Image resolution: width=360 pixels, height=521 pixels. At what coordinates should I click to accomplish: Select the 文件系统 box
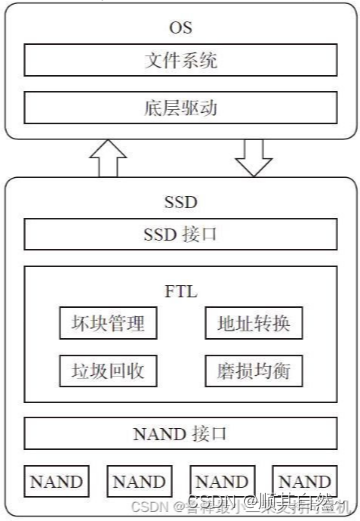181,61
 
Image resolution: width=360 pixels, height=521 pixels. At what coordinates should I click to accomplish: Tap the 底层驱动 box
181,105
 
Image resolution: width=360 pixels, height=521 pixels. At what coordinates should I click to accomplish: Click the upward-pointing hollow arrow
107,158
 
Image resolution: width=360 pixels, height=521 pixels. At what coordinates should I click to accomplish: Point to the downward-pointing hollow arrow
253,158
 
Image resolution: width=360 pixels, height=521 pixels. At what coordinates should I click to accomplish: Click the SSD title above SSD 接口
181,201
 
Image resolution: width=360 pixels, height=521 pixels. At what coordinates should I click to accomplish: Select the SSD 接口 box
181,235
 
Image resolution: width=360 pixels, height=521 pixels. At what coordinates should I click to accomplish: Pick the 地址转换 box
253,324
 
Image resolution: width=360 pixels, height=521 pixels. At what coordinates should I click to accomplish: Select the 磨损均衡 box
253,370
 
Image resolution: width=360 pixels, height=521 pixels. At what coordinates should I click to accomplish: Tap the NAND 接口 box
181,433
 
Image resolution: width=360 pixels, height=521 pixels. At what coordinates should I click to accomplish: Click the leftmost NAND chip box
55,481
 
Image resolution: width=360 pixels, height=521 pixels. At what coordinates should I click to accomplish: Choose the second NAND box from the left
139,481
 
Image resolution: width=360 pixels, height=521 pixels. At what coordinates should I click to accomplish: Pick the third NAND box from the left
223,481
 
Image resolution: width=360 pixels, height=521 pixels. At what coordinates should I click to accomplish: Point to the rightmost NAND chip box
306,481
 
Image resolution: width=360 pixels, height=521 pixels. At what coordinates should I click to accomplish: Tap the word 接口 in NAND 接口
209,433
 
